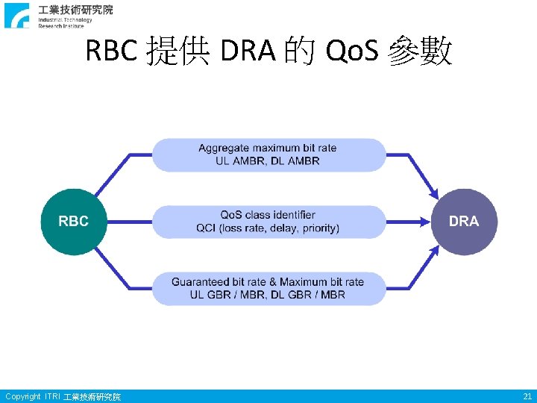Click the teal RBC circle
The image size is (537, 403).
[73, 222]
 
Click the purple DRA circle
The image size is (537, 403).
[464, 222]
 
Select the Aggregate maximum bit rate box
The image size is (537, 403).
[268, 154]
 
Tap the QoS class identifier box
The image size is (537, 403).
[268, 222]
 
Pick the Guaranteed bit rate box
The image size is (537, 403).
[268, 288]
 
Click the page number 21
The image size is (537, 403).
[527, 396]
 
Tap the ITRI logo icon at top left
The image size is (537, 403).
[17, 15]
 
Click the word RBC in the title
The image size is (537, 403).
[112, 52]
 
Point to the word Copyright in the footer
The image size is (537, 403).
[22, 396]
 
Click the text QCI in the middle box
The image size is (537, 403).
[206, 228]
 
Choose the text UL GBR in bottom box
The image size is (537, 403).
[210, 295]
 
